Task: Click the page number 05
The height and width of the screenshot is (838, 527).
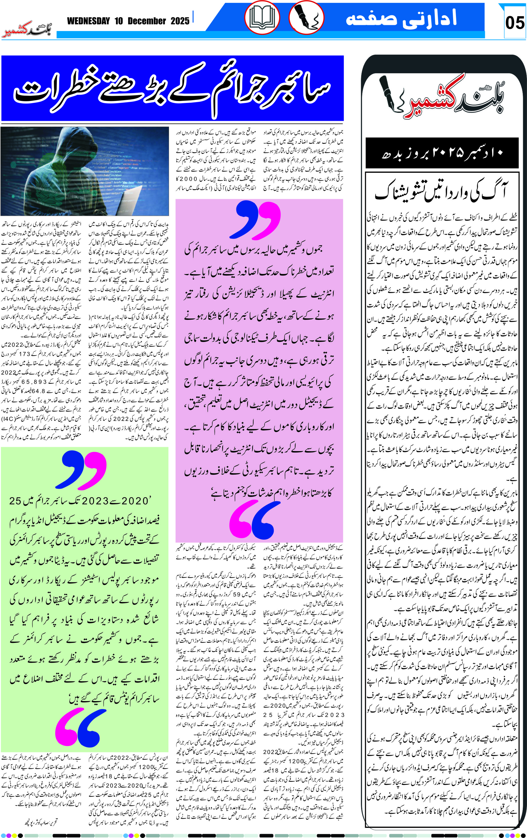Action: coord(515,23)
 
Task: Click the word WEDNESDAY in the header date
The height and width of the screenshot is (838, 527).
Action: coord(89,21)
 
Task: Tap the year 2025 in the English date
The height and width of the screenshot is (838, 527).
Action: coord(180,21)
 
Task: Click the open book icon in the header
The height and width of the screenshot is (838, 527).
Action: coord(262,18)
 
